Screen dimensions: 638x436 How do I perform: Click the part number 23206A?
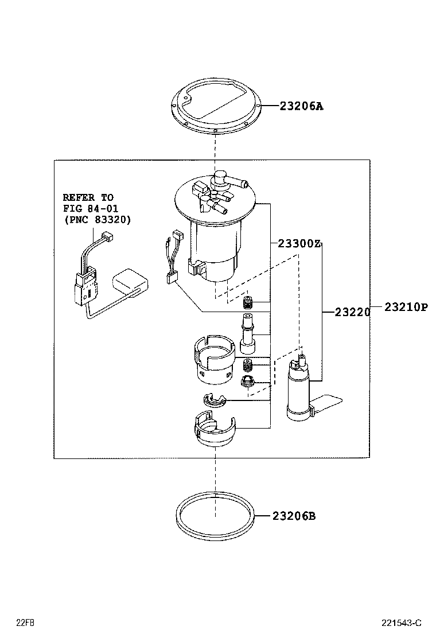click(301, 106)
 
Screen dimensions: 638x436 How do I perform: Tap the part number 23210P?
click(406, 308)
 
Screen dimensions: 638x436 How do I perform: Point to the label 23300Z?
click(298, 243)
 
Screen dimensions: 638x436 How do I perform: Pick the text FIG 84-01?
click(91, 208)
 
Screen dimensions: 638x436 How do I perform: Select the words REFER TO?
click(88, 197)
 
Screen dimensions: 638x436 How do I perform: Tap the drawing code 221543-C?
click(402, 623)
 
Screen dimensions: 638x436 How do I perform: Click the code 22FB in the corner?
click(25, 623)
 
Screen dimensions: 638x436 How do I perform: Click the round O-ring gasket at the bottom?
click(215, 516)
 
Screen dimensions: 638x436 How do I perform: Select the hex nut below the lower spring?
click(248, 381)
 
